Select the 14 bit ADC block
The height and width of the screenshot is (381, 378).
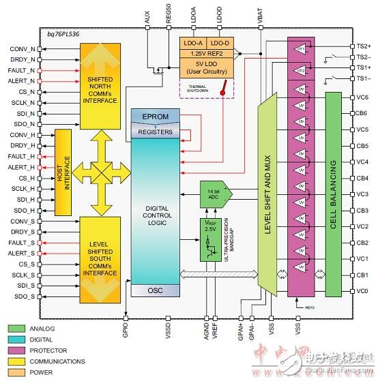(214, 193)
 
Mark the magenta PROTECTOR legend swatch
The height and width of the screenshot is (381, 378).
(17, 351)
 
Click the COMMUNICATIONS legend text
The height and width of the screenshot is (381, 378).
(57, 361)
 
